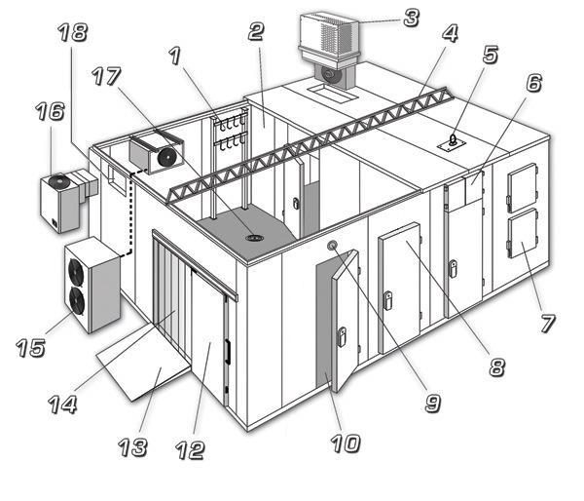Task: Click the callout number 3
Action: point(412,18)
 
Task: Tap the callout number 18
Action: point(73,32)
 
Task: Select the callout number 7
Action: point(547,323)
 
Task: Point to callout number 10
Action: point(346,443)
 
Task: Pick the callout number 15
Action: point(31,348)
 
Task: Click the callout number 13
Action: point(132,447)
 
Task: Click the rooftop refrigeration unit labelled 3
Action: point(329,51)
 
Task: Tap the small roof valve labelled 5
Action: point(453,140)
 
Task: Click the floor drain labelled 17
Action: point(255,238)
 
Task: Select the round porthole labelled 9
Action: point(332,246)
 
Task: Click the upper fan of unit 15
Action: point(76,271)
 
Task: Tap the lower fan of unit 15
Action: point(77,300)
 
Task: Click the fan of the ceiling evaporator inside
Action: point(166,157)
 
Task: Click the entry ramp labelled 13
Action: point(144,362)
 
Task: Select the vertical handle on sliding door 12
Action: point(226,351)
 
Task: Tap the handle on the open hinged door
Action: point(342,336)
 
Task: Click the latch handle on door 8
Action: point(387,300)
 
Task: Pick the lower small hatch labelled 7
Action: point(523,234)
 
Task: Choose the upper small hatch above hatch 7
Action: point(522,187)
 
